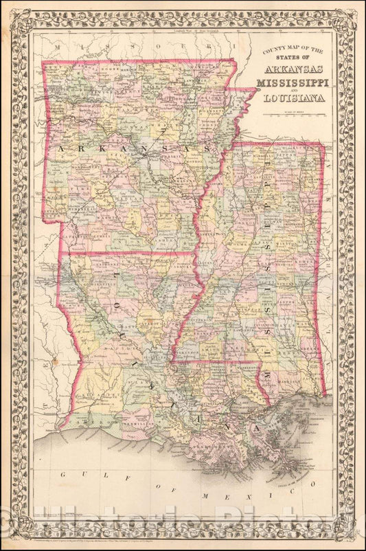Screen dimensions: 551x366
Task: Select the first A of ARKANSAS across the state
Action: pos(60,149)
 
